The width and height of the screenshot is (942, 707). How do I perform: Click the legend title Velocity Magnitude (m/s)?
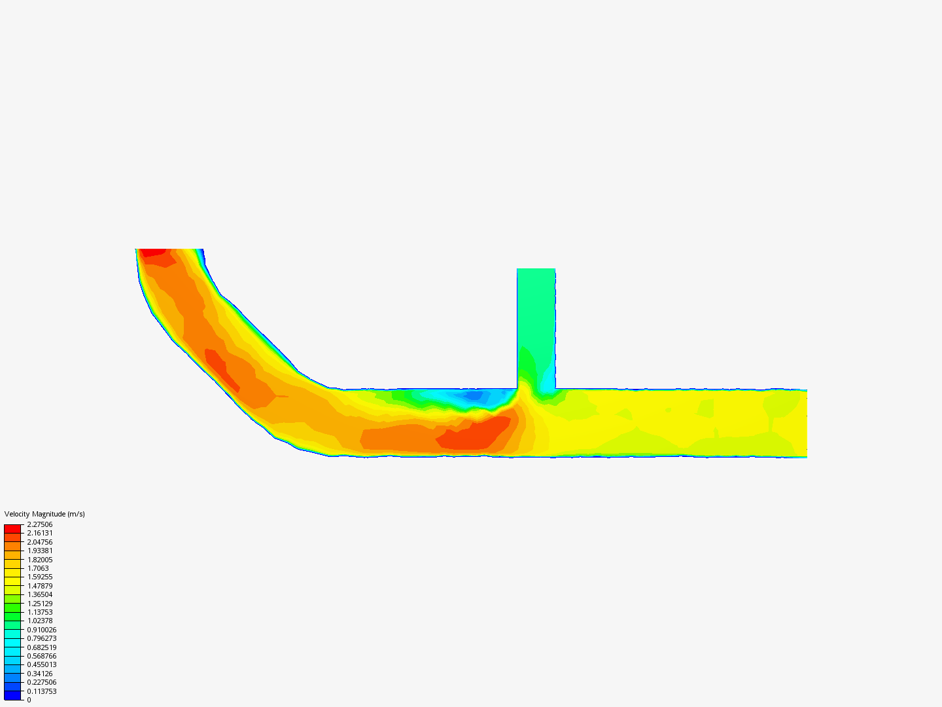44,514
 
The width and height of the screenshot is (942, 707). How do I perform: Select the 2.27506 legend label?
39,524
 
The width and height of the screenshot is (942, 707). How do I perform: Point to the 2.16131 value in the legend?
39,533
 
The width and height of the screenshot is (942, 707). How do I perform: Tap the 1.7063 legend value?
38,568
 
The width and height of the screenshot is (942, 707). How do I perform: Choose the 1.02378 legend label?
39,621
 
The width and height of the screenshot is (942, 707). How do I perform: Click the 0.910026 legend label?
42,630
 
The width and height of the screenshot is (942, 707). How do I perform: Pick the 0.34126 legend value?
39,674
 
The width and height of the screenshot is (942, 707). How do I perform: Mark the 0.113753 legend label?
42,691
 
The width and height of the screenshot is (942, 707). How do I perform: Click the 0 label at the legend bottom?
29,700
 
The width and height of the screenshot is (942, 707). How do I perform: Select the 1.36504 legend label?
39,594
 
